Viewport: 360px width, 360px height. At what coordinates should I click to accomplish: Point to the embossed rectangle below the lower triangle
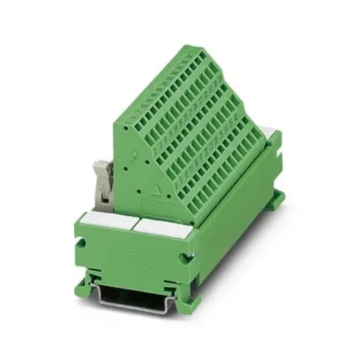pyautogui.click(x=158, y=206)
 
